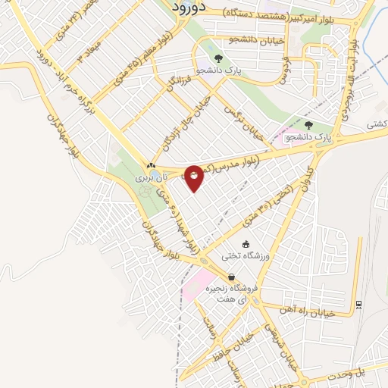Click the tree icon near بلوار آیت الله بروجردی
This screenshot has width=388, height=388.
coord(308,125)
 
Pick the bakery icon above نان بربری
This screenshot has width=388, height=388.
coord(151,165)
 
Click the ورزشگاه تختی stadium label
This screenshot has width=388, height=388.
coord(244,256)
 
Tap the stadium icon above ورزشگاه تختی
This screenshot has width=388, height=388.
coord(245,243)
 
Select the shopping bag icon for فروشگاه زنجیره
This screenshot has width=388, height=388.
coord(230,276)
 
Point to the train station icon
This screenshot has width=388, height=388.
coord(358,305)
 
